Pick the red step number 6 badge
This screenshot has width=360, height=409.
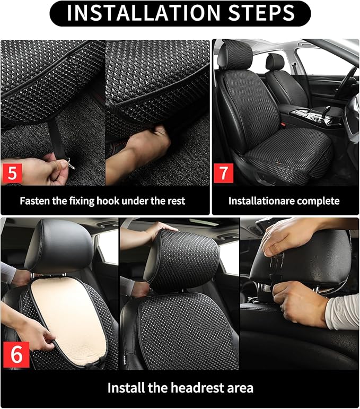(16, 355)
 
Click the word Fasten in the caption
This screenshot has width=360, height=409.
(37, 201)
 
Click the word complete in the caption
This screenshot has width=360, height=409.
(318, 201)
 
